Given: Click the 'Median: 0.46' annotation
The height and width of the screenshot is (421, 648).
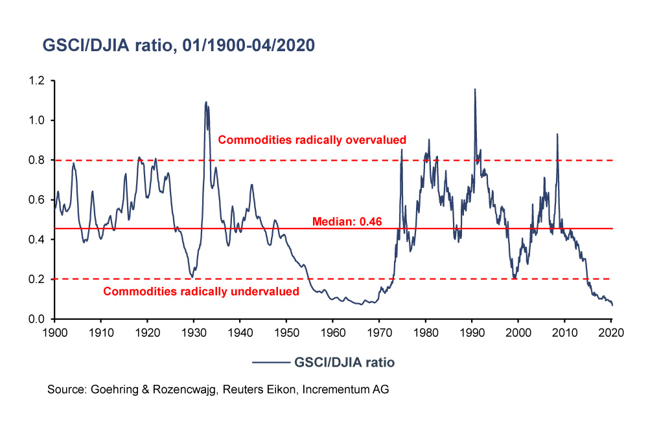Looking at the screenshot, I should click(x=347, y=222).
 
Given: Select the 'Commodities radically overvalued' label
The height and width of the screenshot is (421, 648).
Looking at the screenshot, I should click(x=312, y=139).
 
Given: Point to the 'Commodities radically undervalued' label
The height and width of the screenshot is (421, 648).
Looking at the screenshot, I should click(x=201, y=291).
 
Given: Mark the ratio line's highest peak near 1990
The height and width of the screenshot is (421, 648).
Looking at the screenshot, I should click(x=475, y=89).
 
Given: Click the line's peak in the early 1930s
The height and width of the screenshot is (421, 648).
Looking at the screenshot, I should click(x=206, y=102).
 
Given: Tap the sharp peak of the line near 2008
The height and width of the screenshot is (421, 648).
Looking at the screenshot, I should click(x=557, y=134).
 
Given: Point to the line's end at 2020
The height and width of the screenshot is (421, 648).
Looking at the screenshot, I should click(x=612, y=305).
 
